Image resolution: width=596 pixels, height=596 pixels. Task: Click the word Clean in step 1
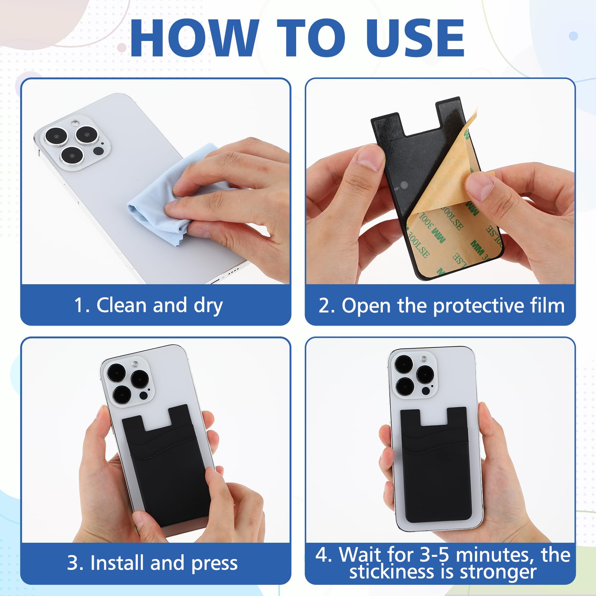click(x=121, y=305)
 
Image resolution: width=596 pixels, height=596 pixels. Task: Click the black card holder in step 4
click(x=436, y=469)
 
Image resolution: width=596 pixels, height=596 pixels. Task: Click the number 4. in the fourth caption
click(x=323, y=555)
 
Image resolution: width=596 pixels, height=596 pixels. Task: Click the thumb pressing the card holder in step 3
click(x=218, y=481)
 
